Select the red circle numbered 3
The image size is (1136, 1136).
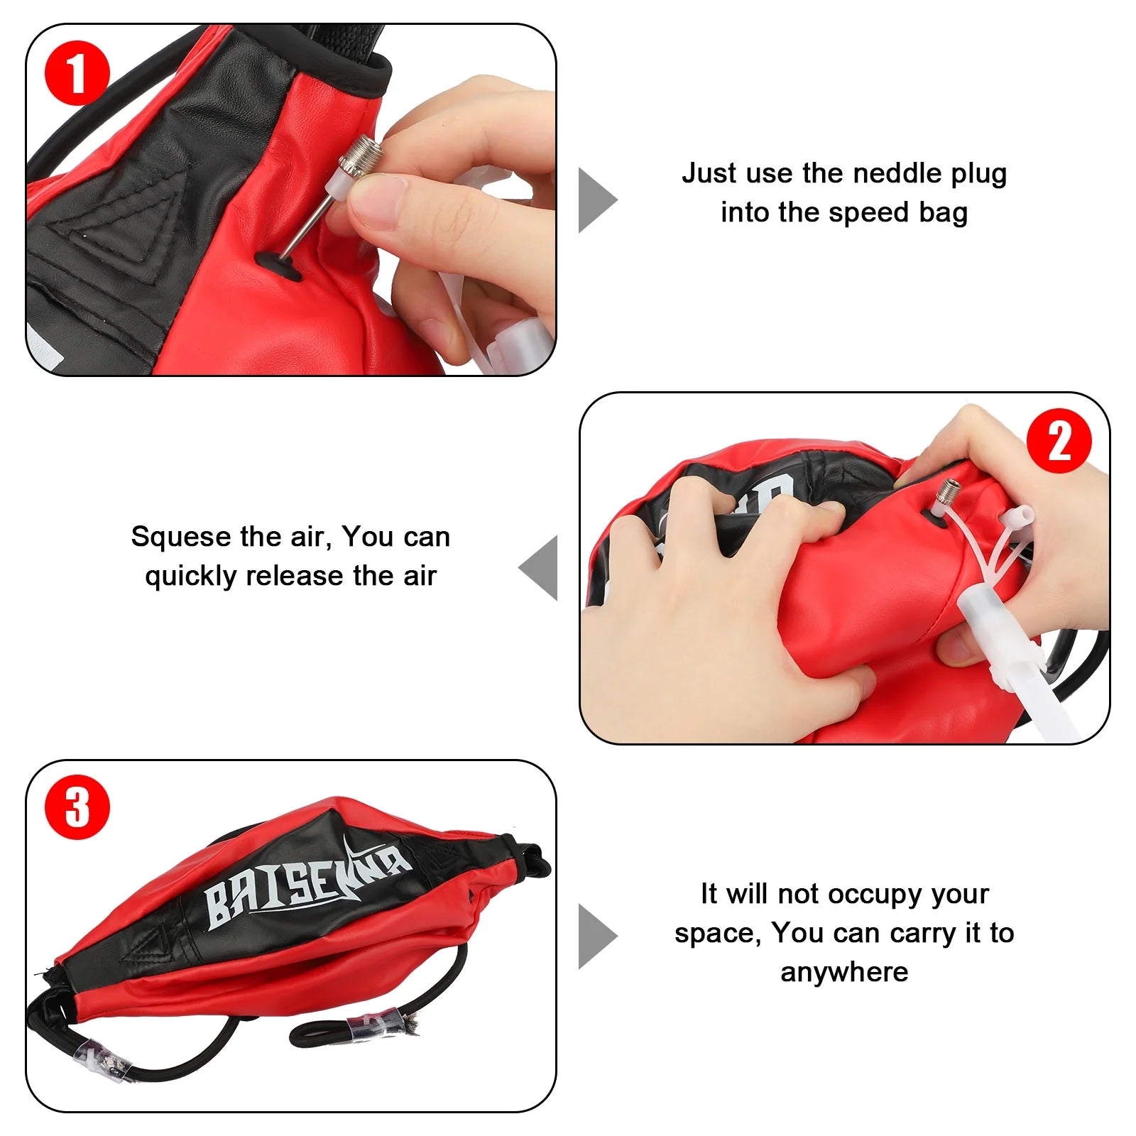point(77,807)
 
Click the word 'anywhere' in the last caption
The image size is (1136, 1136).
point(844,972)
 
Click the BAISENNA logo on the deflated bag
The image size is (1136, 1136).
point(305,887)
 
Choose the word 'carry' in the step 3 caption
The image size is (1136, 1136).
point(925,933)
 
